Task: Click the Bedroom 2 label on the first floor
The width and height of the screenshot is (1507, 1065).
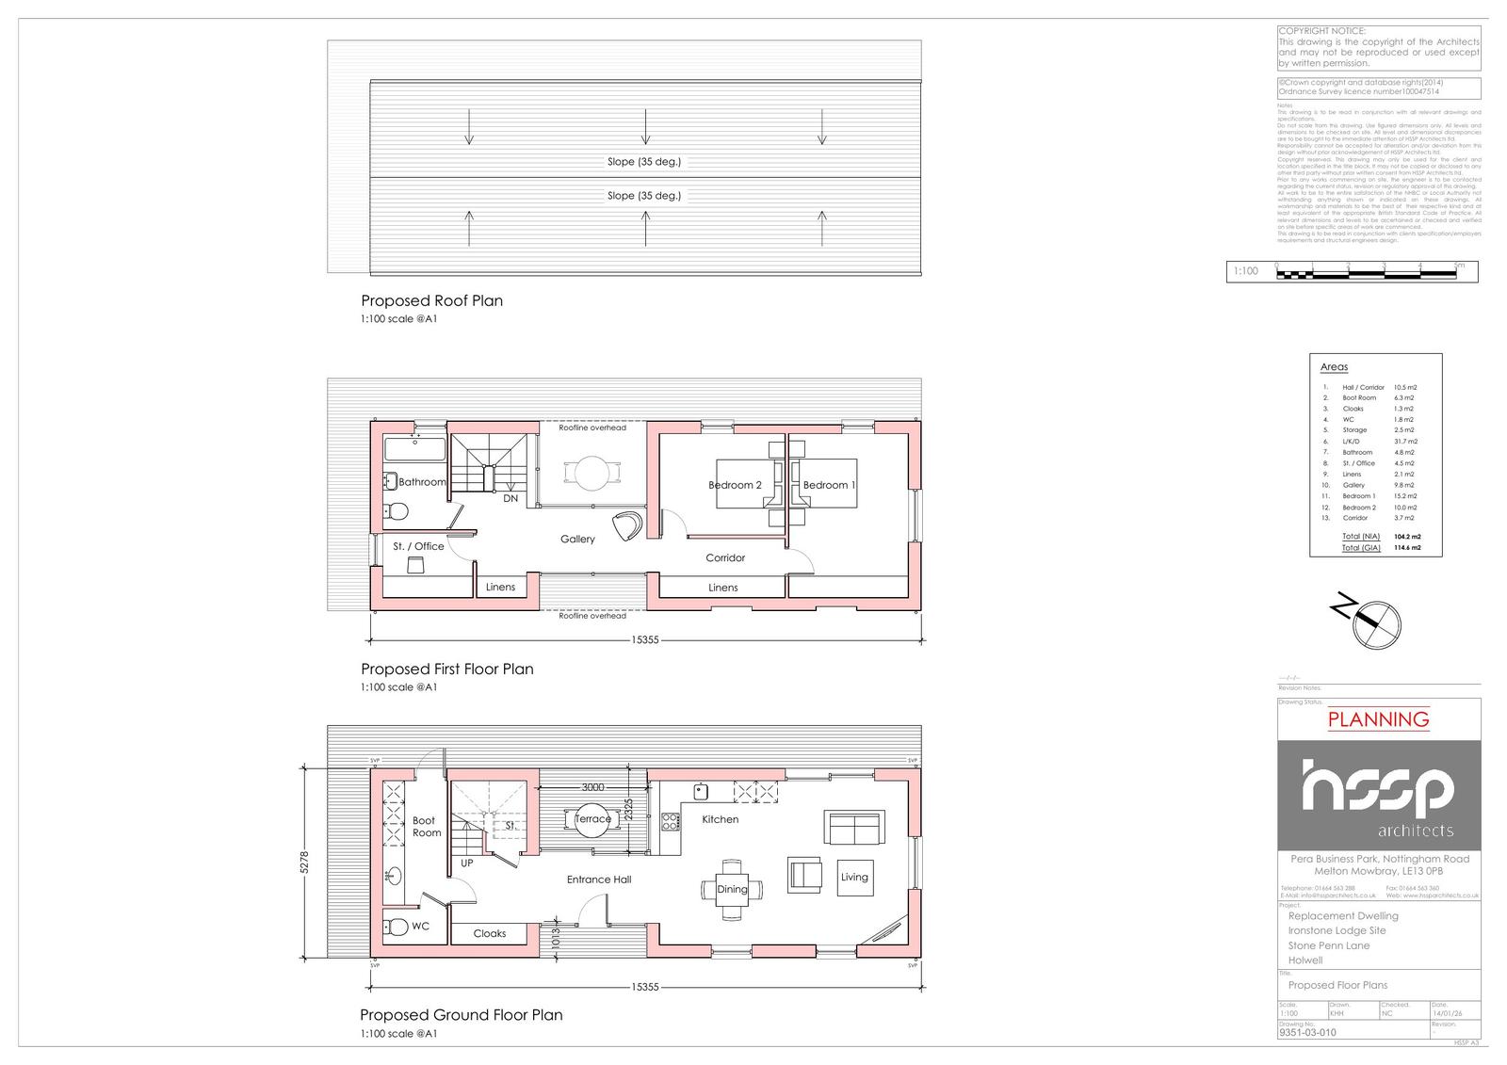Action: click(735, 485)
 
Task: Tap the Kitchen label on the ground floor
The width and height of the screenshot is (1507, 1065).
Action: click(721, 819)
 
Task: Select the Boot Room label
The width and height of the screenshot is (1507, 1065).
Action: click(426, 827)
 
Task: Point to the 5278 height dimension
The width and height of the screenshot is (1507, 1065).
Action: click(303, 863)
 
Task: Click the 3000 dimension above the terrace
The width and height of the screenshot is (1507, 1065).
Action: click(592, 787)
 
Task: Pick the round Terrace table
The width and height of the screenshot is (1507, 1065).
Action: click(592, 819)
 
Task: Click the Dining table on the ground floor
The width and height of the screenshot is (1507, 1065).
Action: click(732, 889)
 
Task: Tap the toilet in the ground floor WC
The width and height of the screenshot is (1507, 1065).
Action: click(397, 927)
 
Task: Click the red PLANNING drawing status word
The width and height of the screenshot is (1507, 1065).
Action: click(1378, 720)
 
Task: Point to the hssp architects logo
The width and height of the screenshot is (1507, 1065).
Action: click(1378, 796)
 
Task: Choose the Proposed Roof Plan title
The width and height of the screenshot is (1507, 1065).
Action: click(432, 301)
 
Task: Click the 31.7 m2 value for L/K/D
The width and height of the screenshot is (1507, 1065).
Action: click(1405, 442)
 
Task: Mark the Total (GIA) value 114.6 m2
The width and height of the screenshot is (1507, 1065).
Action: click(1407, 547)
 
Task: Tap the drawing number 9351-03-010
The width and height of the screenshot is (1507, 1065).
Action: click(1307, 1032)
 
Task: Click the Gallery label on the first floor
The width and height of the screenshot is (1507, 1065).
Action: click(577, 540)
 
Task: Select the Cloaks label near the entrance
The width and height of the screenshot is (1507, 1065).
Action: click(490, 934)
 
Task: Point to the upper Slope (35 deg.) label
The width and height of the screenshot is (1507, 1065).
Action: click(644, 162)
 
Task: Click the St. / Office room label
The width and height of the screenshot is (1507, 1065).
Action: click(418, 546)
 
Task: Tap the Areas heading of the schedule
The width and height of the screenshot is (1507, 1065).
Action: click(1334, 367)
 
